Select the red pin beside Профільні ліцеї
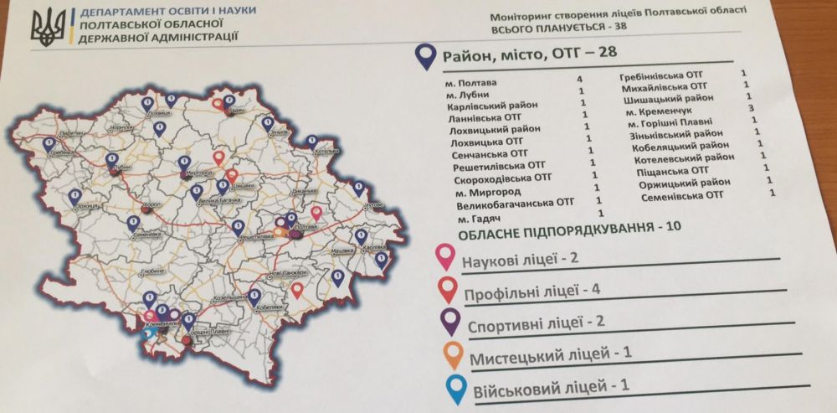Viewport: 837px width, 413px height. (448, 290)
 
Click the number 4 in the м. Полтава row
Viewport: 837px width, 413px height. (579, 80)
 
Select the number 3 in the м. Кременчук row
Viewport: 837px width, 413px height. (752, 107)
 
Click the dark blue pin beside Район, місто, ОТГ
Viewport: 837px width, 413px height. (427, 56)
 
